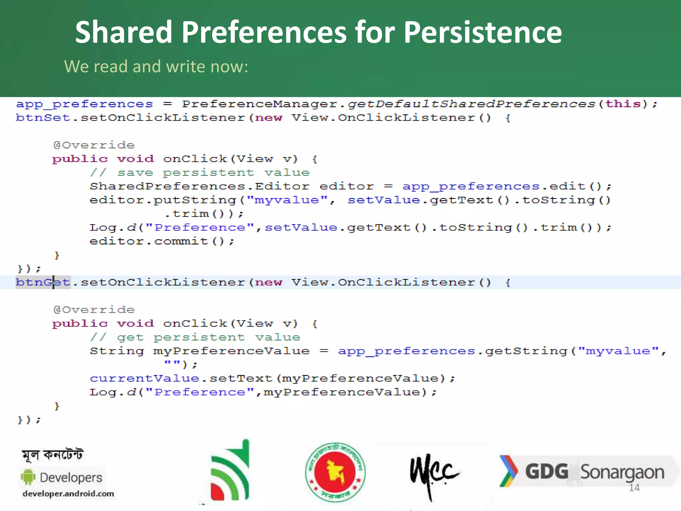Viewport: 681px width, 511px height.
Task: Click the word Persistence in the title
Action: tap(482, 32)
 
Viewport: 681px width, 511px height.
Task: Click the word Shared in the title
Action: tap(123, 32)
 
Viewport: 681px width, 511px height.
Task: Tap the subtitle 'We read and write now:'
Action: tap(156, 67)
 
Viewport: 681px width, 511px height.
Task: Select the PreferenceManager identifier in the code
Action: tap(260, 104)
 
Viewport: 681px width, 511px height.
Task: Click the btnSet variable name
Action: tap(43, 118)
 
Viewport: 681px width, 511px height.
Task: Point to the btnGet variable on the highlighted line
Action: tap(43, 282)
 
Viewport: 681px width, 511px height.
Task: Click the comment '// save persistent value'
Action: tap(200, 173)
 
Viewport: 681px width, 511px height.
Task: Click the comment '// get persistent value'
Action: tap(195, 337)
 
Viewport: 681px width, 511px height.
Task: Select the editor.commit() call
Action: tap(162, 241)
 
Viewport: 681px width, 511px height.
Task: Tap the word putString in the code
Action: tap(195, 200)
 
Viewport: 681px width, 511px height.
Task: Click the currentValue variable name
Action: tap(144, 379)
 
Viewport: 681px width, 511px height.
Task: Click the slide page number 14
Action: tap(634, 488)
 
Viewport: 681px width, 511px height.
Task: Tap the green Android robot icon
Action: tap(28, 477)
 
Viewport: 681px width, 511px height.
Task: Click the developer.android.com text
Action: tap(68, 494)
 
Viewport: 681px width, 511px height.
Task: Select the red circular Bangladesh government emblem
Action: tap(335, 472)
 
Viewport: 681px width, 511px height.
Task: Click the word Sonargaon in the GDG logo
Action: tap(622, 472)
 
